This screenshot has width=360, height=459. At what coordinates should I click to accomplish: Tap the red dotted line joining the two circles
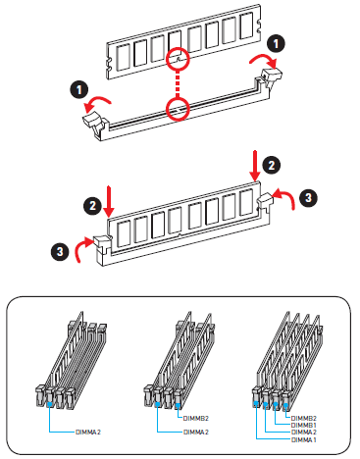[178, 84]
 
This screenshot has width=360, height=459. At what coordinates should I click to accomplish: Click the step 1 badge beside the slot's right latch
[276, 44]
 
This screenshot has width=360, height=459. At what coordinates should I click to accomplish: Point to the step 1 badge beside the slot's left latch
[79, 89]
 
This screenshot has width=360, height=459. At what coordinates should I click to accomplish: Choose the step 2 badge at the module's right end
[272, 165]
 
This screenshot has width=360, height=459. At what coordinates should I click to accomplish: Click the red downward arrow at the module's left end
[109, 202]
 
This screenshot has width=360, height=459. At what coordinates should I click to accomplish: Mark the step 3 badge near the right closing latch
[308, 197]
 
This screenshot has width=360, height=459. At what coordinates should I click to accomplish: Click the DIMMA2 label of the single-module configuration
[88, 432]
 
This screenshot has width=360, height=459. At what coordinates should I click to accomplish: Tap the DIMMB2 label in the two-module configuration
[195, 418]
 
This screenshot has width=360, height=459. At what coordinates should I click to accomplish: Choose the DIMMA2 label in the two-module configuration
[196, 432]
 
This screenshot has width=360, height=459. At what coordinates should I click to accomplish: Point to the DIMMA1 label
[303, 439]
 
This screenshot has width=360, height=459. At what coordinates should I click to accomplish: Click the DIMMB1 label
[303, 425]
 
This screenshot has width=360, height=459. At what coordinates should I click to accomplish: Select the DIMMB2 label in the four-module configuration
[303, 418]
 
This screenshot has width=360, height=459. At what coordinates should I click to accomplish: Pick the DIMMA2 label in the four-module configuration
[303, 433]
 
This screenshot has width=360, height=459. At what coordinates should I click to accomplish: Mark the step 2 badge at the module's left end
[92, 205]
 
